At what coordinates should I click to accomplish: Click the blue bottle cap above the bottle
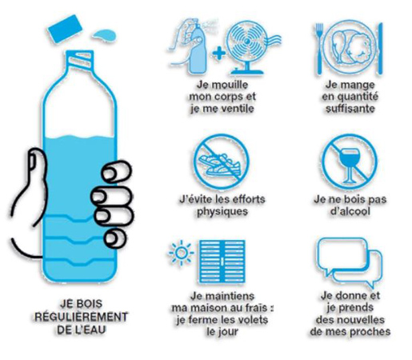point(65,29)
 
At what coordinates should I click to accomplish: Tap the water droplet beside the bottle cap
point(105,35)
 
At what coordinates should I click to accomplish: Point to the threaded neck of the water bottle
point(80,59)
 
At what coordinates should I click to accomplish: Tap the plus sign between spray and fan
point(219,54)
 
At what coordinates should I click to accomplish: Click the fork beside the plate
point(319,48)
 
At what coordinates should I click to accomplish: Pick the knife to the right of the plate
point(380,48)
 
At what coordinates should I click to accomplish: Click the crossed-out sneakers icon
point(222,162)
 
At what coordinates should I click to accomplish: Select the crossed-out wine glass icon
point(349,162)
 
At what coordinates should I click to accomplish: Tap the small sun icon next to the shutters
point(181,253)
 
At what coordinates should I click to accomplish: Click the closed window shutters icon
point(222,262)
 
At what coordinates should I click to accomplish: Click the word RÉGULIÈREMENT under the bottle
point(81,317)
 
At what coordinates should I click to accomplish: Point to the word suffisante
point(350,109)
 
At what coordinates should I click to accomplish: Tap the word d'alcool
point(350,211)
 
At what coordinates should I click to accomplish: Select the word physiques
point(222,212)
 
